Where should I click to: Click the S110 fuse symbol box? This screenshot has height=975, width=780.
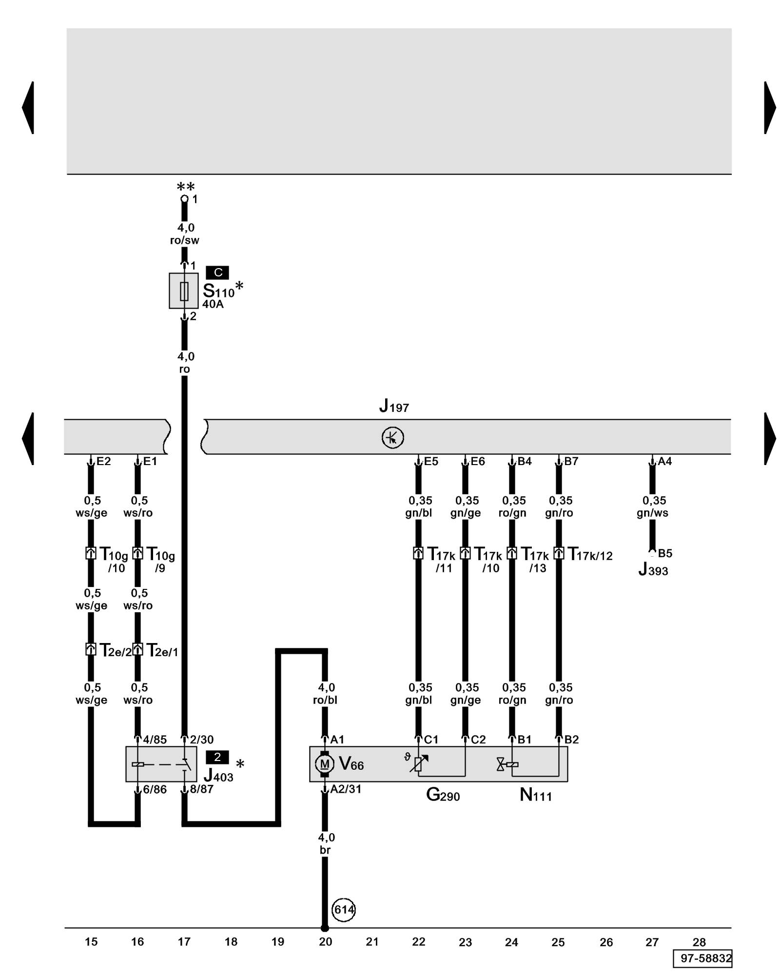pyautogui.click(x=184, y=291)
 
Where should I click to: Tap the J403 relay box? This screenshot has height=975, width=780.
pyautogui.click(x=161, y=764)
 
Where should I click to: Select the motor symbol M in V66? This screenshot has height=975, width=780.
pyautogui.click(x=325, y=763)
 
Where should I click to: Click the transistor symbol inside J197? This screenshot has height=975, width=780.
pyautogui.click(x=392, y=437)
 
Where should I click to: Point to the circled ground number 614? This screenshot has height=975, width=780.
pyautogui.click(x=344, y=909)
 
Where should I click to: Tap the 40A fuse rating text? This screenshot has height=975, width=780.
pyautogui.click(x=213, y=304)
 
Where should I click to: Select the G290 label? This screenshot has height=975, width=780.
pyautogui.click(x=443, y=795)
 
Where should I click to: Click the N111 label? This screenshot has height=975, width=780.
pyautogui.click(x=535, y=795)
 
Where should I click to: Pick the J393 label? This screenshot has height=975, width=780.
pyautogui.click(x=653, y=569)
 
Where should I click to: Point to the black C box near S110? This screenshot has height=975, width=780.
pyautogui.click(x=217, y=273)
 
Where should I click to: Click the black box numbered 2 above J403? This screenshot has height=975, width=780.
pyautogui.click(x=217, y=757)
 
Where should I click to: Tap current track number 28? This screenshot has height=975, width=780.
pyautogui.click(x=699, y=942)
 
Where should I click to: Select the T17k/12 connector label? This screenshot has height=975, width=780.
pyautogui.click(x=590, y=555)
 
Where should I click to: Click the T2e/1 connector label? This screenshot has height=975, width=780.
pyautogui.click(x=162, y=650)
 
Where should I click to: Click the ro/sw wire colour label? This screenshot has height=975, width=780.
pyautogui.click(x=184, y=240)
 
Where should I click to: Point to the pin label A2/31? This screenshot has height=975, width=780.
pyautogui.click(x=346, y=789)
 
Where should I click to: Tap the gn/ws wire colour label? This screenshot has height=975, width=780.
pyautogui.click(x=652, y=513)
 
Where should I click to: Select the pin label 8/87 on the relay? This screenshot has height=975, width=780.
pyautogui.click(x=201, y=789)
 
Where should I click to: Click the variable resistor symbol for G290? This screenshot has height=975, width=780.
pyautogui.click(x=418, y=763)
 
